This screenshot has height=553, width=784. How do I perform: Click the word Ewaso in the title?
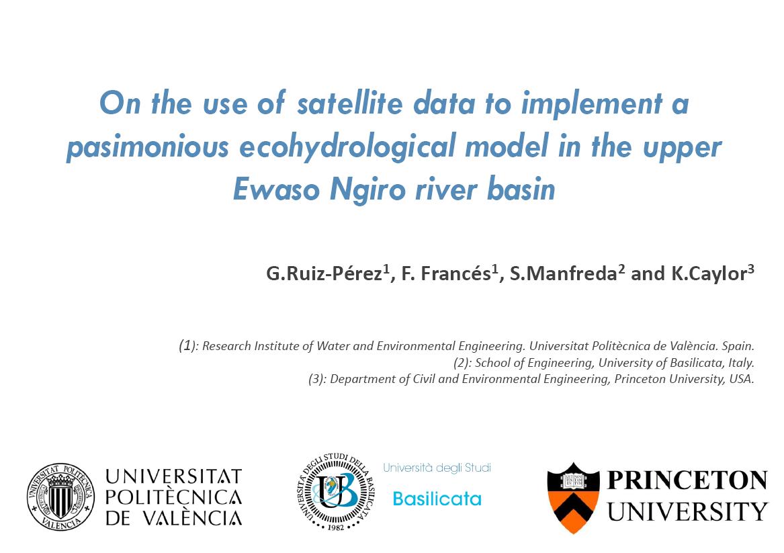click(276, 189)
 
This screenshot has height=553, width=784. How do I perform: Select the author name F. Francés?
click(446, 273)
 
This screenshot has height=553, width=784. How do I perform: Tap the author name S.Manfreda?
click(563, 273)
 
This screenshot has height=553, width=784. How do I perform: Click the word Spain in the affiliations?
click(738, 346)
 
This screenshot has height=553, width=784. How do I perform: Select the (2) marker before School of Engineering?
click(462, 363)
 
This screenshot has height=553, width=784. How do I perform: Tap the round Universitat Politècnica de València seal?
click(61, 497)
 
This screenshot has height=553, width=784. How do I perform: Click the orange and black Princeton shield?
click(573, 497)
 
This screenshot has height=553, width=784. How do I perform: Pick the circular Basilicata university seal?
click(335, 492)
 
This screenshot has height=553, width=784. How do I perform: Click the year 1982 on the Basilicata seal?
click(336, 527)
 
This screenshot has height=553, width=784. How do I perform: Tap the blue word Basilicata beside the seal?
click(437, 499)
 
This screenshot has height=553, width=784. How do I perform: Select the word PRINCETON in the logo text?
click(687, 480)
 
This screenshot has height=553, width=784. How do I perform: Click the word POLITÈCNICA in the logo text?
click(173, 497)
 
